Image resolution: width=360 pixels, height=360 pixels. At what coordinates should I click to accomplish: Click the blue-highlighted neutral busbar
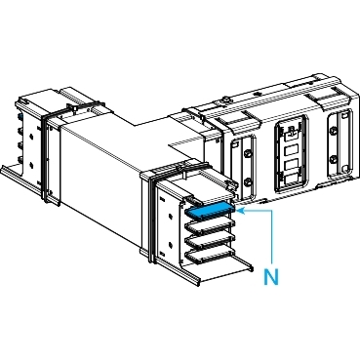[x=209, y=211]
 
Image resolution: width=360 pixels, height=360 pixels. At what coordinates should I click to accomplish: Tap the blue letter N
[x=271, y=277]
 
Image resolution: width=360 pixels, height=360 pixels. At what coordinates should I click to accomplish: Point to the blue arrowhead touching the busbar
[x=240, y=211]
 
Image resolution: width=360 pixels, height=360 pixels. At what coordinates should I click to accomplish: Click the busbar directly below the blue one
[x=210, y=225]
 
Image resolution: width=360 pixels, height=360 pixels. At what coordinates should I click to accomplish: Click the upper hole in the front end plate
[x=171, y=215]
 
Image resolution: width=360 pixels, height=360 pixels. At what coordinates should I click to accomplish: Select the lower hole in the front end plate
[x=171, y=244]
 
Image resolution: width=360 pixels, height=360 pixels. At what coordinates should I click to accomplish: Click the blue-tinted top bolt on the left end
[x=20, y=116]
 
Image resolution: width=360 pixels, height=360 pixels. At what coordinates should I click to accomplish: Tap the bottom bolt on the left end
[x=20, y=160]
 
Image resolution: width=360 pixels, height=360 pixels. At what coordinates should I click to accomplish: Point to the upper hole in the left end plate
[x=31, y=136]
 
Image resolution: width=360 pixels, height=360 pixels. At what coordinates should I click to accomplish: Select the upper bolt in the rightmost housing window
[x=333, y=131]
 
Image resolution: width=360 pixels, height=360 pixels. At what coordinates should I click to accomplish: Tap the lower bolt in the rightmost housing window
[x=333, y=159]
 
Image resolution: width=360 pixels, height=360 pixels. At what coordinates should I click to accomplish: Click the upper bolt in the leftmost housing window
[x=248, y=153]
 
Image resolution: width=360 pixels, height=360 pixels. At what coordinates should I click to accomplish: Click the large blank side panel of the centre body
[x=100, y=173]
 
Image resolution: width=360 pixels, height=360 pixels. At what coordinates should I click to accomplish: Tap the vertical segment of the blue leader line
[x=272, y=236]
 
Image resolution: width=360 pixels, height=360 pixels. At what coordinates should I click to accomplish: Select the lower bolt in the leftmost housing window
[x=248, y=181]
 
